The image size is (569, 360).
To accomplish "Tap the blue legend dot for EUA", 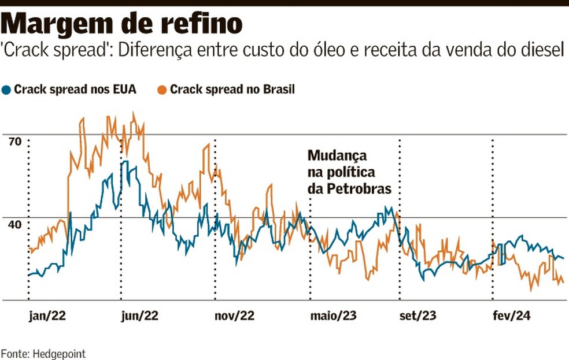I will pyautogui.click(x=6, y=90).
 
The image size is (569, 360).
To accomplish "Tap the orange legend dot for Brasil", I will pyautogui.click(x=163, y=90).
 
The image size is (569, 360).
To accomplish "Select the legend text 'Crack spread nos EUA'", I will pyautogui.click(x=75, y=90).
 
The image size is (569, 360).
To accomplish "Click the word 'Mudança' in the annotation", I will pyautogui.click(x=337, y=156).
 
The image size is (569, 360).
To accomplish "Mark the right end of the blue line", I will pyautogui.click(x=563, y=258).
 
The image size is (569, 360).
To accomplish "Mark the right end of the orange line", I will pyautogui.click(x=563, y=281).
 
